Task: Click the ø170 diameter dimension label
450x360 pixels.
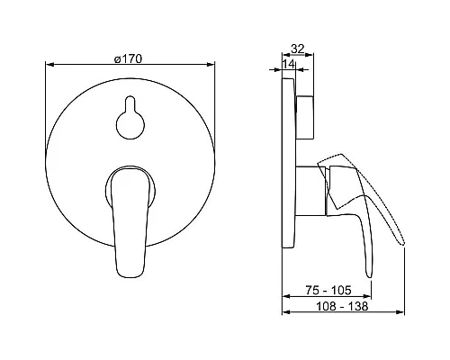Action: pos(128,59)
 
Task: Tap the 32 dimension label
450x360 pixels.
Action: pos(298,49)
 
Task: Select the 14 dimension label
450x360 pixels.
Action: pos(289,64)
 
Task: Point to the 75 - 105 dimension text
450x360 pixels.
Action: pos(328,290)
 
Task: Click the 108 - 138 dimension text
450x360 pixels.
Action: pos(342,306)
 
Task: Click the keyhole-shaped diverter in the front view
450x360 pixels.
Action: pos(130,118)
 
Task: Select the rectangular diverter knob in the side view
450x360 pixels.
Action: pos(304,117)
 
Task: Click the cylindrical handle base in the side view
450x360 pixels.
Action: pos(310,191)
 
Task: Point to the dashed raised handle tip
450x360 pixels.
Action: pos(403,243)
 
